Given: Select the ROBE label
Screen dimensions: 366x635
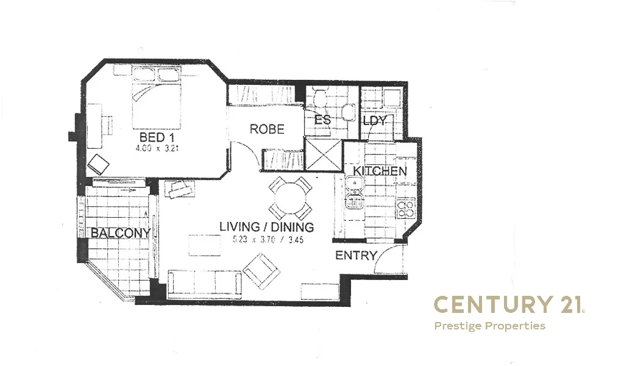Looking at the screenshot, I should click(x=267, y=129).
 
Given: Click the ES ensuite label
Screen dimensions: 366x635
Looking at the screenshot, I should click(x=322, y=120).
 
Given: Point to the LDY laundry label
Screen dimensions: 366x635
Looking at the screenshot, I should click(x=374, y=121).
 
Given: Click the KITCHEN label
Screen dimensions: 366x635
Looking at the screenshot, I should click(x=380, y=171).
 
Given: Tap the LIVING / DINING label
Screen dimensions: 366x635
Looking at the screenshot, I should click(x=266, y=228).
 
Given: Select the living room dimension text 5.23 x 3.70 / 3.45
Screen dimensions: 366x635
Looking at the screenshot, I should click(x=266, y=240).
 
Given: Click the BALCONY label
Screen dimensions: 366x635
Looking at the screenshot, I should click(x=120, y=233).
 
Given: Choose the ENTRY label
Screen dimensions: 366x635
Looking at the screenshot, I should click(x=356, y=256).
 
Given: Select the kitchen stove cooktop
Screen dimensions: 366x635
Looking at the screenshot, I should click(x=405, y=210).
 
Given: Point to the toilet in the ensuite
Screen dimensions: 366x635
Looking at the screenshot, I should click(x=348, y=113).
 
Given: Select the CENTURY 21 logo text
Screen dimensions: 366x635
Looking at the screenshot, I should click(x=508, y=304).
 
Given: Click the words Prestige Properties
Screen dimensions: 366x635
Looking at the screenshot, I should click(x=489, y=326).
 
